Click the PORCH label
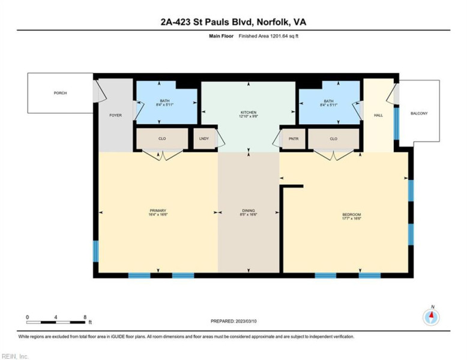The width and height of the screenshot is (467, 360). point(60,93)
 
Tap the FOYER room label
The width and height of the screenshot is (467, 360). point(115,115)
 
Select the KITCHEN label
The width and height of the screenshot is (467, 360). point(249,112)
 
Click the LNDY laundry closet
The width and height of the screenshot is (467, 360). point(204,139)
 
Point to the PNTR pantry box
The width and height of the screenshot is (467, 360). point(294,139)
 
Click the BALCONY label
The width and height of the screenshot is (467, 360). point(419,113)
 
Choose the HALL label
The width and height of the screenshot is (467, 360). point(378,115)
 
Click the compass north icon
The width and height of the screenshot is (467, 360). point(430,316)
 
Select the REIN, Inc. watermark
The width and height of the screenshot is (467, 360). point(15,356)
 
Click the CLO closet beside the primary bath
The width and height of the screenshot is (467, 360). point(162,139)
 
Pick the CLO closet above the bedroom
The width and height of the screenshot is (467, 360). point(334,139)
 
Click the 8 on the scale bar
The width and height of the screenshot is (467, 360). point(85,317)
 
